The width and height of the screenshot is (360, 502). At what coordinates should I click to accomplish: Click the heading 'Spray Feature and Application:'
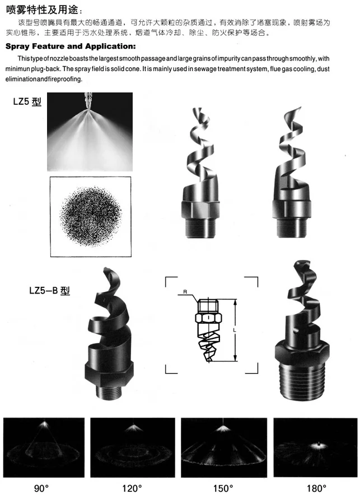pos(69,46)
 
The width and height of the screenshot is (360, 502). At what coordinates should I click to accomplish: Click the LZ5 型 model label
pos(27,103)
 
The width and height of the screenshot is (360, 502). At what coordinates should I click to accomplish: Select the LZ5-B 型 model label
pos(49,291)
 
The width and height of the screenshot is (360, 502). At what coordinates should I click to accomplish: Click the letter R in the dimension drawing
pos(183,292)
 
